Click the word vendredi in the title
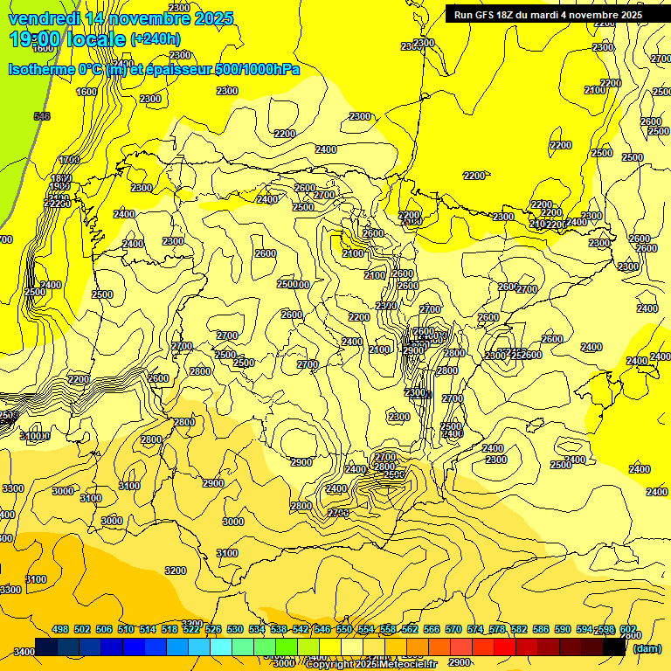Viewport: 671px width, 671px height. [x=45, y=18]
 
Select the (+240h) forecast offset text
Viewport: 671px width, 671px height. [x=155, y=38]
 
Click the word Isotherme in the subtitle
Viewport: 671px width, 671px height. [x=43, y=69]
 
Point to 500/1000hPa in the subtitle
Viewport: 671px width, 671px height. [x=257, y=69]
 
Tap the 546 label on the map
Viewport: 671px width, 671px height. [x=41, y=116]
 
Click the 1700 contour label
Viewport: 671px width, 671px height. [x=69, y=160]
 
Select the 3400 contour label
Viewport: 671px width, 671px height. [x=24, y=652]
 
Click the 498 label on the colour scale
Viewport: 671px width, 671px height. [x=60, y=629]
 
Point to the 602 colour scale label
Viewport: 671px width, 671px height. [x=627, y=629]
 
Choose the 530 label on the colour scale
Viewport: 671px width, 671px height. [x=235, y=629]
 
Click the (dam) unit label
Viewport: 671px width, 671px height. [x=647, y=648]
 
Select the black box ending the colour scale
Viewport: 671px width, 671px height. [x=614, y=647]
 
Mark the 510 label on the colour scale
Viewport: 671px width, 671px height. [x=126, y=629]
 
